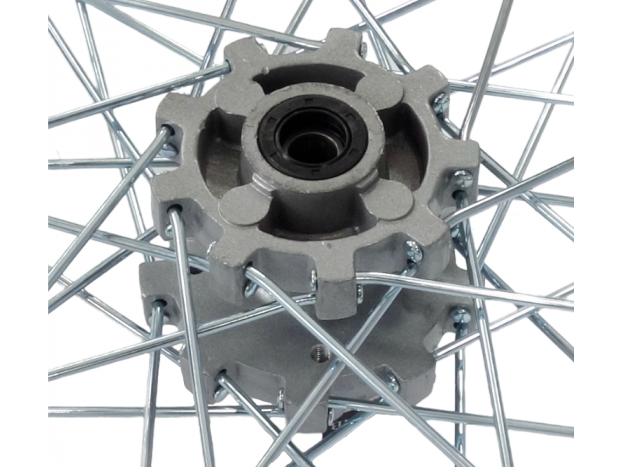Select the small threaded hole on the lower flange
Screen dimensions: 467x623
(319, 355)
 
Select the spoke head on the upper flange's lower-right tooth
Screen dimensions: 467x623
(414, 251)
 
